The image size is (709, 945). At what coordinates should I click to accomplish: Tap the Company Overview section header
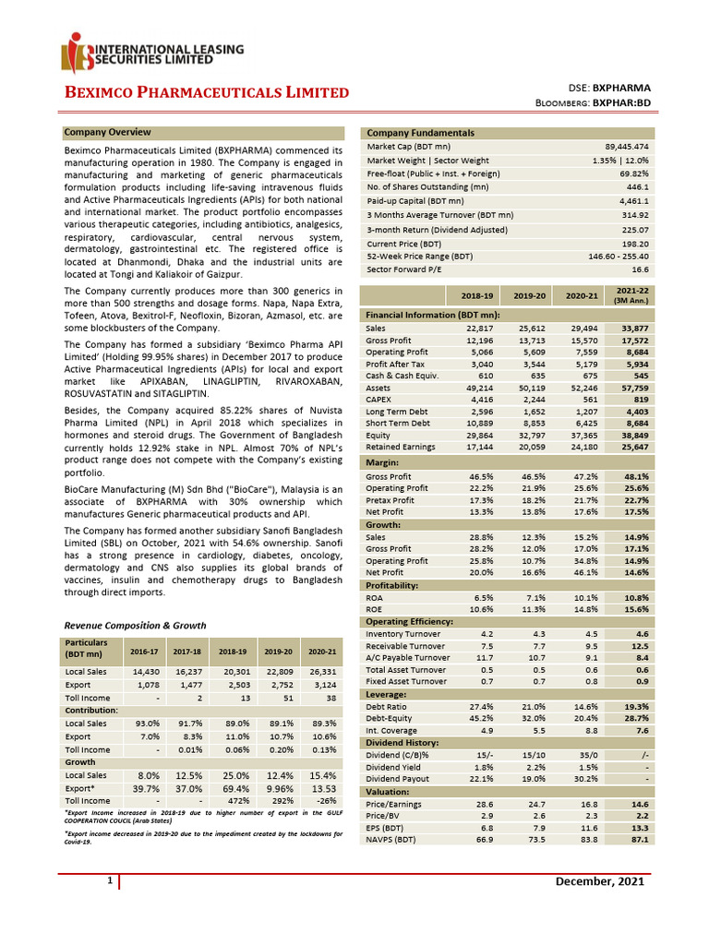point(107,133)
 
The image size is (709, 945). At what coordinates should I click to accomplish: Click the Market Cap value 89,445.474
point(624,147)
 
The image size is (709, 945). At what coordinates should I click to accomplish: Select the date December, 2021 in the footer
point(599,883)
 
